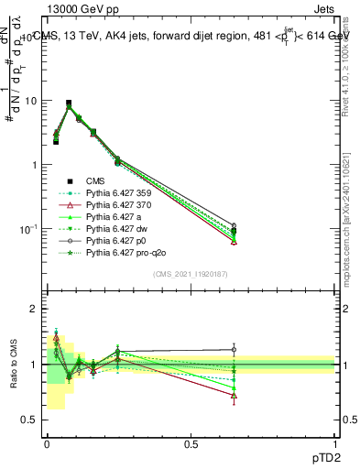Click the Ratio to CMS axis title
pyautogui.click(x=13, y=365)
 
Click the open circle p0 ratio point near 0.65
pyautogui.click(x=234, y=349)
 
